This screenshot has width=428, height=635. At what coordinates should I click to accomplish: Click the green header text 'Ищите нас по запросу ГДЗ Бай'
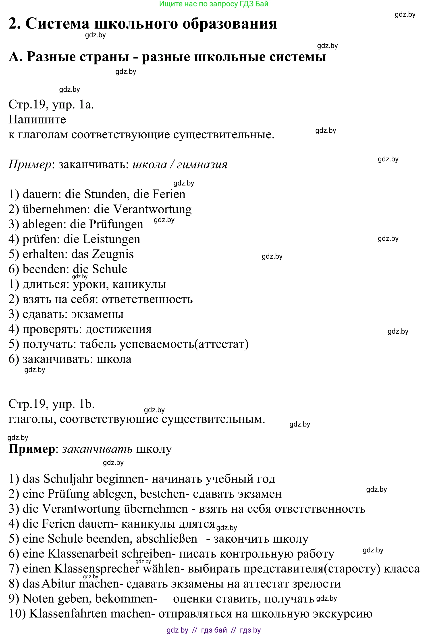(214, 4)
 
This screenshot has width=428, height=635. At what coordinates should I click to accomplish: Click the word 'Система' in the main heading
(57, 23)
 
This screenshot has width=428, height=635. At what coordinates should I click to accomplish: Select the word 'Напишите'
(37, 120)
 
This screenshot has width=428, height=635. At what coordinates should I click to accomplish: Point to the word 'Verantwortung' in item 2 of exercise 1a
(152, 209)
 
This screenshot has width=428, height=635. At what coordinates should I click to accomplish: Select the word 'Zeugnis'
(113, 254)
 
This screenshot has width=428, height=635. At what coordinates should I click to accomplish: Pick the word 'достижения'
(119, 329)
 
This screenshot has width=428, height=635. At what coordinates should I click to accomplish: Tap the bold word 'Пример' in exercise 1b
(32, 449)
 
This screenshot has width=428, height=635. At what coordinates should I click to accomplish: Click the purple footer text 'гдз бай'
(214, 630)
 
